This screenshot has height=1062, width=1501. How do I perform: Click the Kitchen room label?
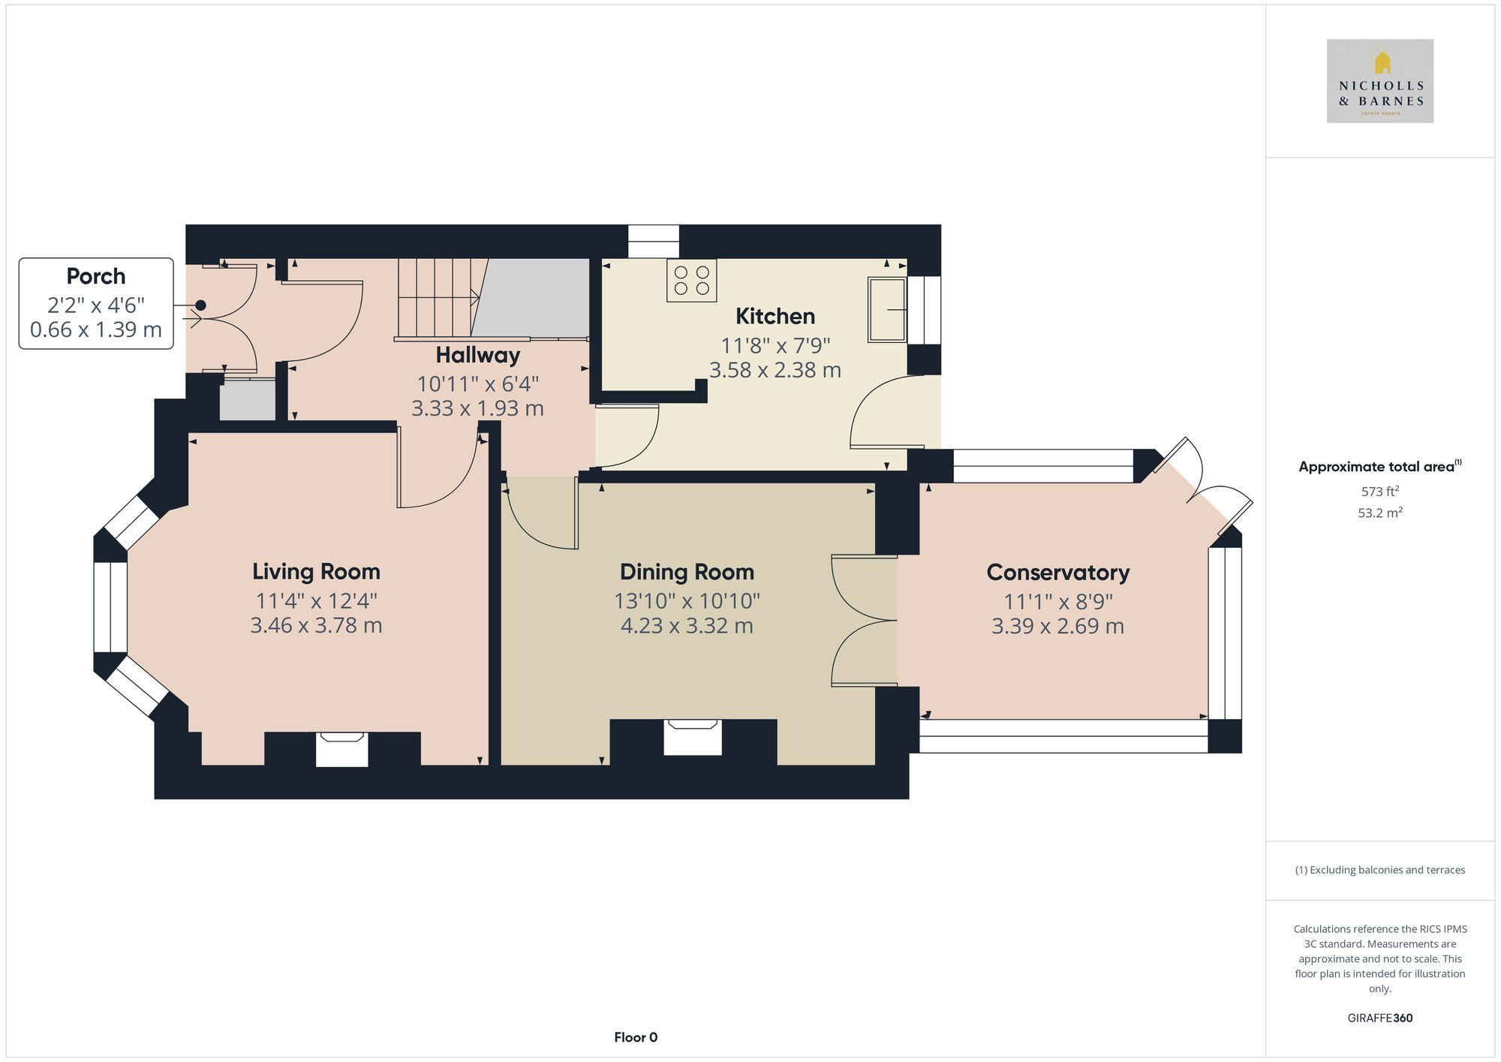[x=775, y=317]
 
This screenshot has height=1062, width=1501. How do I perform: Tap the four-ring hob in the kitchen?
[x=691, y=281]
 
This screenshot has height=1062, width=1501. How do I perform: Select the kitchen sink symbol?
[x=886, y=309]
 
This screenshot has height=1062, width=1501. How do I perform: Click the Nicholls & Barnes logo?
[x=1379, y=81]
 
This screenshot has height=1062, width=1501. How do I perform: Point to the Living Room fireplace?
[x=341, y=749]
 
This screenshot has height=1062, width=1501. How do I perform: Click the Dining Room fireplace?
[x=692, y=736]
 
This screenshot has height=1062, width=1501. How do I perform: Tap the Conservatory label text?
[x=1057, y=573]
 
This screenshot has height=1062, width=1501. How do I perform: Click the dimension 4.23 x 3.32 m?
[x=686, y=626]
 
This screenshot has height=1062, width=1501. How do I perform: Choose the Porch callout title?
[x=95, y=276]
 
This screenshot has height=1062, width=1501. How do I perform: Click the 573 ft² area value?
[x=1379, y=492]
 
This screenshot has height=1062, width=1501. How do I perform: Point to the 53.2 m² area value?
[x=1379, y=513]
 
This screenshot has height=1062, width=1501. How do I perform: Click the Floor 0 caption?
[x=635, y=1037]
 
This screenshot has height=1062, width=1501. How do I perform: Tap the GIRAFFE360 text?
[x=1379, y=1018]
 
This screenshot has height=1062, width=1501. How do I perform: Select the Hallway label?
[x=477, y=355]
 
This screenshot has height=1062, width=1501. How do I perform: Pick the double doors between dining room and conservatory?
[x=863, y=621]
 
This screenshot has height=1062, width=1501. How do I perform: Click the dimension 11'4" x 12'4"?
[x=316, y=601]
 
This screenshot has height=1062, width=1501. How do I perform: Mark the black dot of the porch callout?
[x=200, y=305]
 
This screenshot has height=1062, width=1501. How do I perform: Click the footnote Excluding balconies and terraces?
[x=1379, y=870]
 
